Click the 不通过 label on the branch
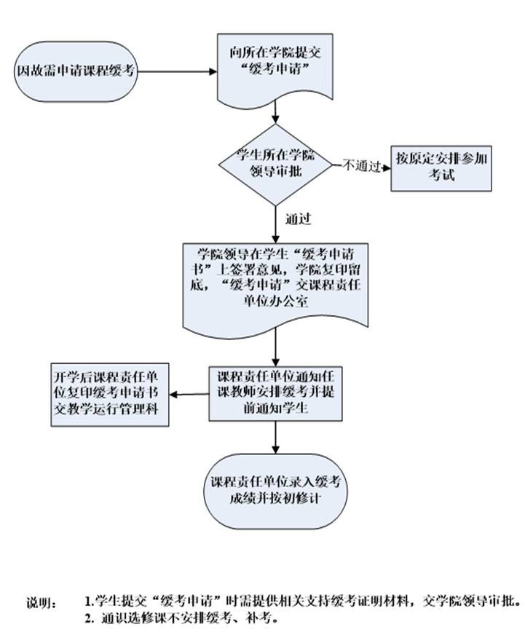coord(362,166)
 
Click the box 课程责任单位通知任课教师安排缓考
coord(276,393)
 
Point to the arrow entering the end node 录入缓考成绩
coord(276,437)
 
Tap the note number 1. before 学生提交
coord(89,602)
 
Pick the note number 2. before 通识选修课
coord(90,619)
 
